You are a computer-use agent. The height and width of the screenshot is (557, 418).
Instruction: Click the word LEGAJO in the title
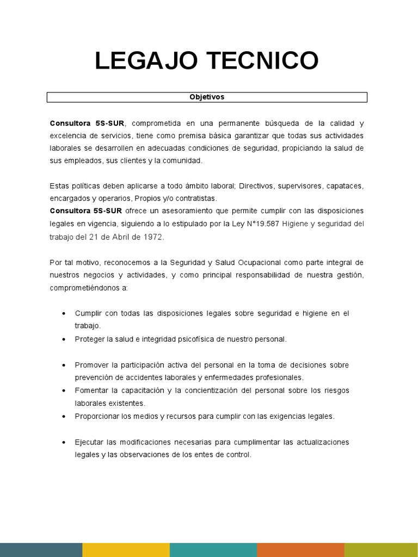click(144, 61)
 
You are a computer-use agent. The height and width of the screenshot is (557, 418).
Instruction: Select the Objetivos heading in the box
click(207, 97)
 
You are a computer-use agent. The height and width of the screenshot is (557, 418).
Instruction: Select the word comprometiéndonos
click(88, 288)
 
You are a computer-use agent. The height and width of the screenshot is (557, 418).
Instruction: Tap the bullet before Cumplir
click(65, 314)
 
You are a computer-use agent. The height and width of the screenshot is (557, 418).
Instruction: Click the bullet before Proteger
click(65, 339)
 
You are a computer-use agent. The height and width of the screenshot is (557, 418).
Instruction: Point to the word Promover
click(92, 365)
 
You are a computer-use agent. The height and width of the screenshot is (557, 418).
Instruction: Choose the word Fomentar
click(92, 391)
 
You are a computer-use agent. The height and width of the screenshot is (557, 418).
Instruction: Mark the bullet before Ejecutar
click(65, 442)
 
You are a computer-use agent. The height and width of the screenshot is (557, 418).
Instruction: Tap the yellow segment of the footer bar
click(126, 549)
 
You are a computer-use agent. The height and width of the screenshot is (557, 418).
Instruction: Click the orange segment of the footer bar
click(300, 549)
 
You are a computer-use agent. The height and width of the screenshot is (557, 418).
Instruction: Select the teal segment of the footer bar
click(213, 549)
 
